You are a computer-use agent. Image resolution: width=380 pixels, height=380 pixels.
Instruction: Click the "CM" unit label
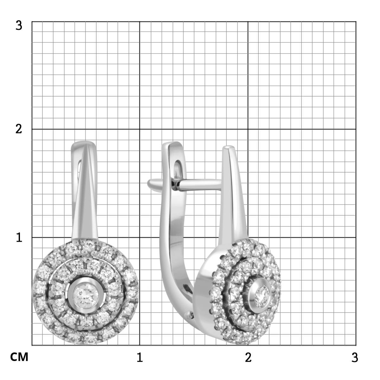click(x=19, y=357)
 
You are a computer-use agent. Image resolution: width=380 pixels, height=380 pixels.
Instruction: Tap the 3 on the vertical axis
click(x=19, y=26)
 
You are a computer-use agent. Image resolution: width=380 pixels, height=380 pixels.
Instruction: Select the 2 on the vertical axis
click(x=19, y=129)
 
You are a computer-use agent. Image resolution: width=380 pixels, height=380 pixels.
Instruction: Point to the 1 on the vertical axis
click(x=19, y=237)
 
